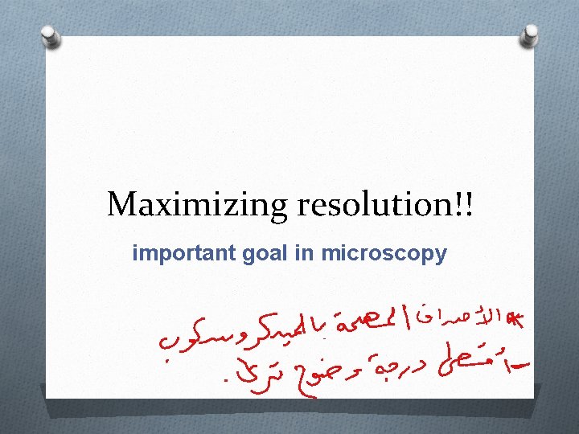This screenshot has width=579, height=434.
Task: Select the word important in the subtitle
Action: coord(183,254)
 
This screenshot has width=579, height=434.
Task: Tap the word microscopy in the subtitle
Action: coord(384,255)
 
